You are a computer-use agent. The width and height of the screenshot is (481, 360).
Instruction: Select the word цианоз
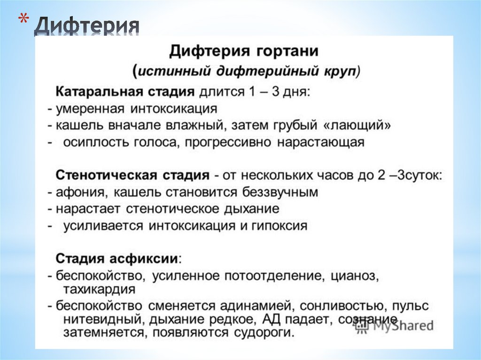(x=357, y=276)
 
